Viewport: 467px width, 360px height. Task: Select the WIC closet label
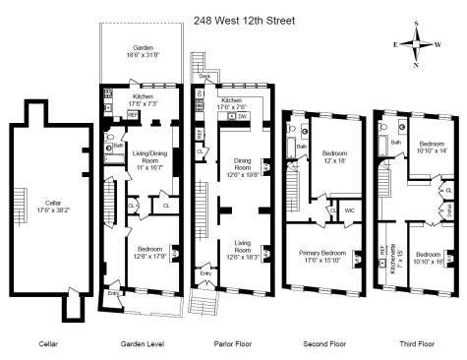(349, 210)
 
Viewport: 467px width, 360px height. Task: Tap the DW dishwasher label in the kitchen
(243, 116)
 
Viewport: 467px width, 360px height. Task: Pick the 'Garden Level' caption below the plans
(142, 344)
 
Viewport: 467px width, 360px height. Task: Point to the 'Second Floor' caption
(323, 344)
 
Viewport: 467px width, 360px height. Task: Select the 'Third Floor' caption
(414, 344)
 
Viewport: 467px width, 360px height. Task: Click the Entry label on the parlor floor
(205, 272)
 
